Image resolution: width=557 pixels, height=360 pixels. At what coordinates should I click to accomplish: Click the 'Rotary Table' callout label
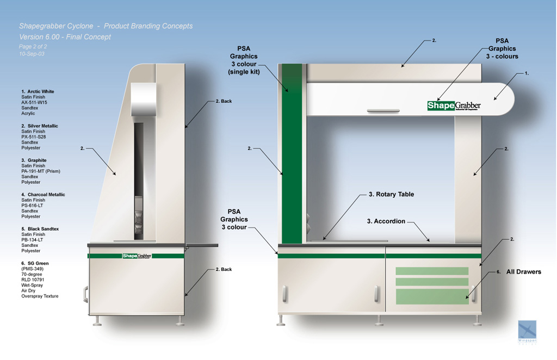pyautogui.click(x=391, y=194)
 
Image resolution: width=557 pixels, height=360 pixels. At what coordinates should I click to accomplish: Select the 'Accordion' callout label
pyautogui.click(x=386, y=221)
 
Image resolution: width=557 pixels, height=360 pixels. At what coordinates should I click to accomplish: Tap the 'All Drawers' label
pyautogui.click(x=523, y=271)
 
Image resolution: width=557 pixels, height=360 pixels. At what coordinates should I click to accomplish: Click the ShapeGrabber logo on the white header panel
pyautogui.click(x=454, y=105)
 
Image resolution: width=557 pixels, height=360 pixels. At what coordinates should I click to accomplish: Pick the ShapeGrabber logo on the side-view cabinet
pyautogui.click(x=137, y=256)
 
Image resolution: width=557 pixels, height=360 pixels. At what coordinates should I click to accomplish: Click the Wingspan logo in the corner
pyautogui.click(x=527, y=331)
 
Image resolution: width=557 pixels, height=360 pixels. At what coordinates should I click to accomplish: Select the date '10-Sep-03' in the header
pyautogui.click(x=32, y=54)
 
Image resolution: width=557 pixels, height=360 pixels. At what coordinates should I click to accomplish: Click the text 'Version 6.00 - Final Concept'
pyautogui.click(x=65, y=37)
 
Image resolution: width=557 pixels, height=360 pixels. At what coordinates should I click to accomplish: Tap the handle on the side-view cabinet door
pyautogui.click(x=85, y=294)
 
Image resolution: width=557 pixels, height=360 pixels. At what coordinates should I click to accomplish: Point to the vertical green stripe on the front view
pyautogui.click(x=292, y=152)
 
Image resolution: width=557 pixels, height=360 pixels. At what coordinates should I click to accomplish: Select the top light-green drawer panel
pyautogui.click(x=431, y=271)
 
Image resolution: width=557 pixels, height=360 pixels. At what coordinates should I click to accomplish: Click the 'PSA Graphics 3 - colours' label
pyautogui.click(x=502, y=48)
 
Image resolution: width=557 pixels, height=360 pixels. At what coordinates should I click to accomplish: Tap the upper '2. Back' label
pyautogui.click(x=224, y=101)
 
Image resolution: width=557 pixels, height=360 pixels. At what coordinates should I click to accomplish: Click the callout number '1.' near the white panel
pyautogui.click(x=526, y=73)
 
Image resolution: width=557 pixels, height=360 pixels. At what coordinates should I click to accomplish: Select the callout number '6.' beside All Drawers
pyautogui.click(x=498, y=271)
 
